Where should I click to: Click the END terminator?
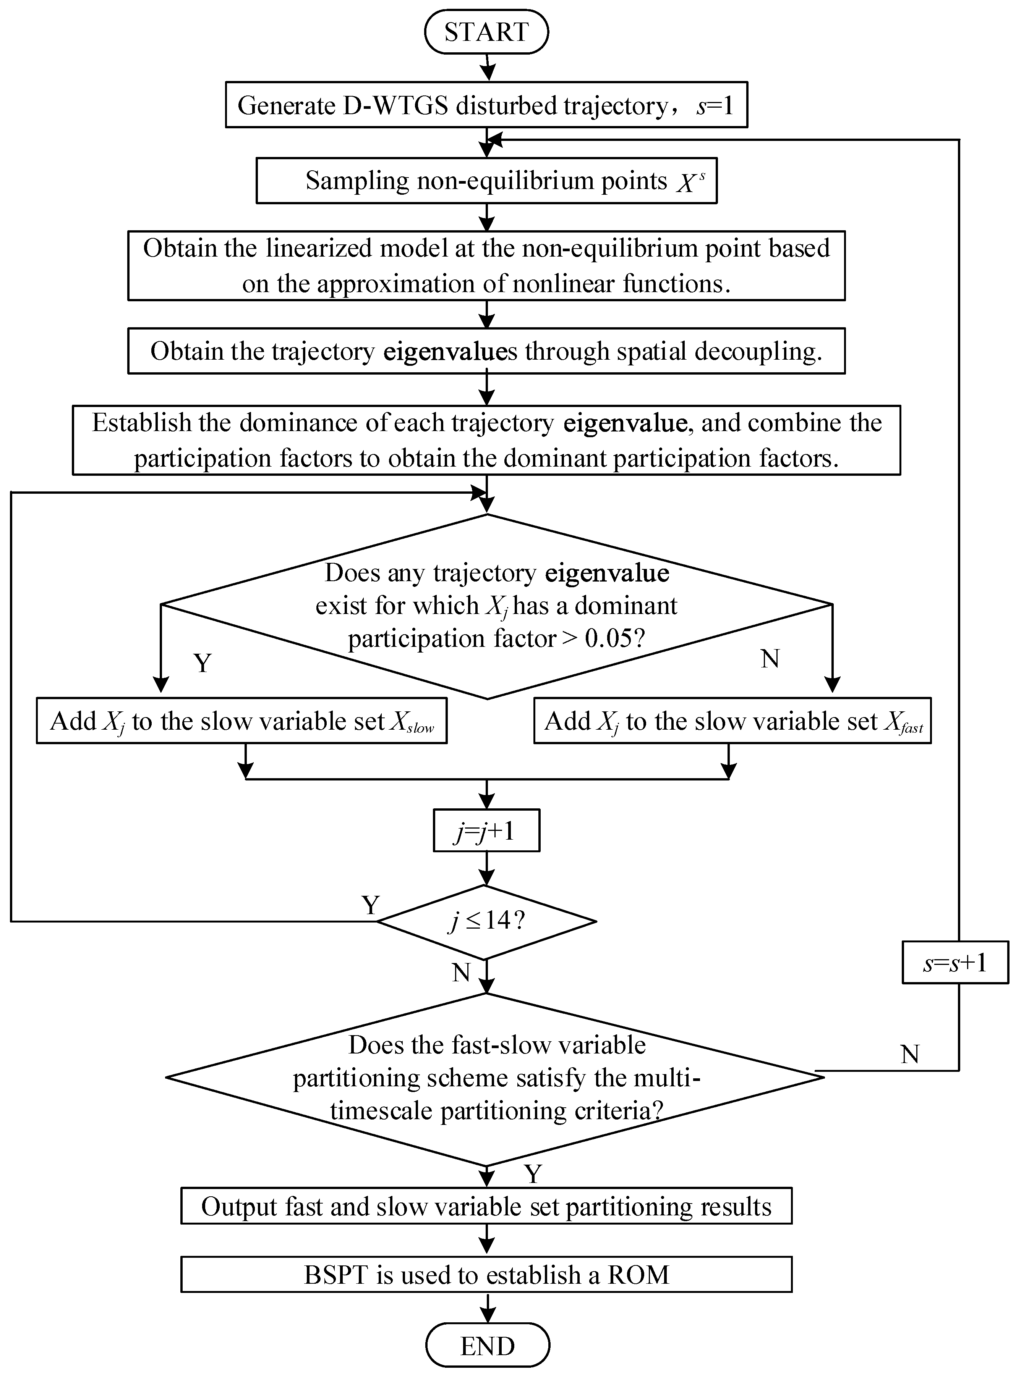487,1346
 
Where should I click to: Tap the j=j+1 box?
486,830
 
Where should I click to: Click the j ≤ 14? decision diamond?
486,921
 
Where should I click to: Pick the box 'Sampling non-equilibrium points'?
486,181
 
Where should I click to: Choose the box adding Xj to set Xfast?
732,721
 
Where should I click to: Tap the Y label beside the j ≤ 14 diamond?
370,905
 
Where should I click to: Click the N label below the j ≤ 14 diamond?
461,973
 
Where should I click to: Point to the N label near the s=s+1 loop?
910,1055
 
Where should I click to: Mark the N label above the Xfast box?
770,658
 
